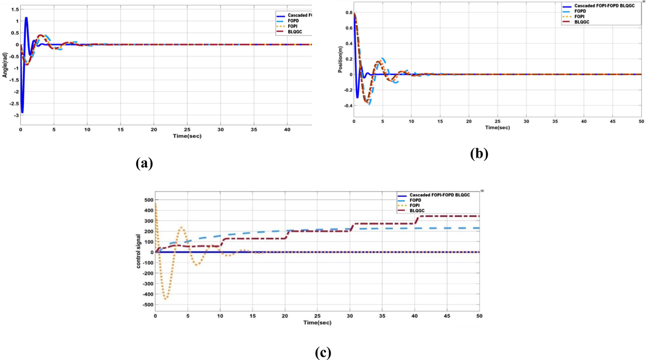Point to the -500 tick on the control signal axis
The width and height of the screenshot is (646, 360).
[146, 305]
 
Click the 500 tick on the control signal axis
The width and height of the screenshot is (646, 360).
[148, 200]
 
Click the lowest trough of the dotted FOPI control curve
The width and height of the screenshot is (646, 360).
[166, 298]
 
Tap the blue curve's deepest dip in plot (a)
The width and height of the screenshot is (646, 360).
[22, 112]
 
